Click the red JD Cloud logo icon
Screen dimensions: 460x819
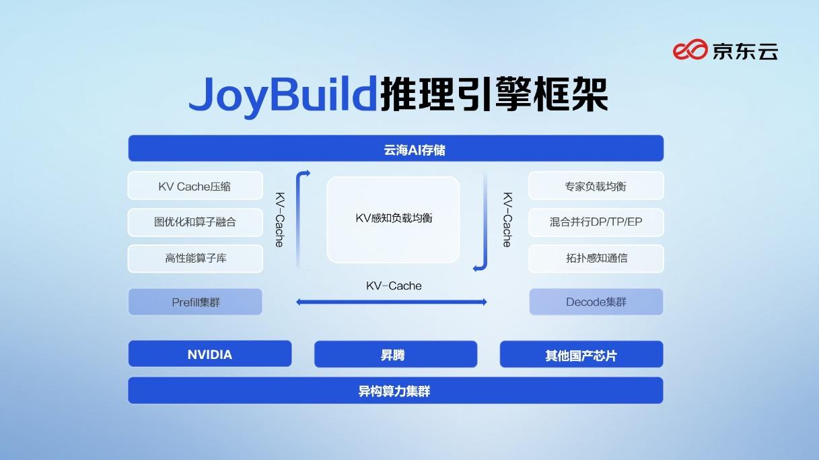click(x=690, y=50)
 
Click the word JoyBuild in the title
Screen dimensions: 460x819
click(x=281, y=94)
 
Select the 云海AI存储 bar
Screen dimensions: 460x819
click(x=396, y=149)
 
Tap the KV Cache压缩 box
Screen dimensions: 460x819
click(x=195, y=186)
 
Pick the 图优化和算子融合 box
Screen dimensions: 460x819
click(x=195, y=222)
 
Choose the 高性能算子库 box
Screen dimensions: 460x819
click(x=195, y=259)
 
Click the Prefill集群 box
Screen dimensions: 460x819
click(x=195, y=302)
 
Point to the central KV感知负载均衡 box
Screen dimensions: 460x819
click(x=393, y=220)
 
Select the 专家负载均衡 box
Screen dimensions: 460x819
click(x=596, y=186)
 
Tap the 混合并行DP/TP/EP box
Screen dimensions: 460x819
click(x=596, y=222)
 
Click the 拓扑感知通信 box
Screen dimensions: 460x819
click(x=596, y=259)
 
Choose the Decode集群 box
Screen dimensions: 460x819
click(x=596, y=302)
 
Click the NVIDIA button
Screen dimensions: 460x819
click(x=210, y=354)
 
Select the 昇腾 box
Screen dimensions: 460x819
click(x=396, y=354)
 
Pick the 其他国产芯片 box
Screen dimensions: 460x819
click(x=581, y=354)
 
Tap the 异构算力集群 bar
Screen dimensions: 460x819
click(x=396, y=391)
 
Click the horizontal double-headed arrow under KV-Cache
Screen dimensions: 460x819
click(x=392, y=302)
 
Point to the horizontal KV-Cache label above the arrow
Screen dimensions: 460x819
click(x=394, y=286)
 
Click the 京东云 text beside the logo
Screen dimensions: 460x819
click(x=745, y=51)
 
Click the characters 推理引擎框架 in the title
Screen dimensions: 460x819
click(x=494, y=94)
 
